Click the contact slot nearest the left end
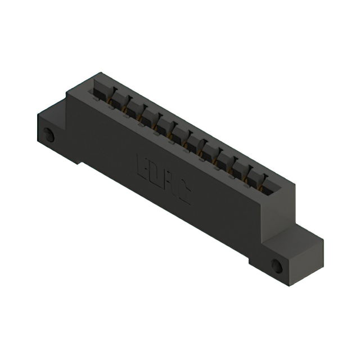[x=101, y=90]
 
